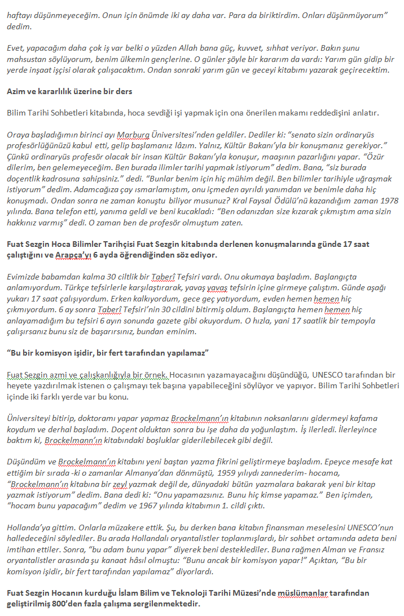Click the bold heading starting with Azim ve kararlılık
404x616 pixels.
point(69,91)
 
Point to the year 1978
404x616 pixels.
point(388,201)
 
